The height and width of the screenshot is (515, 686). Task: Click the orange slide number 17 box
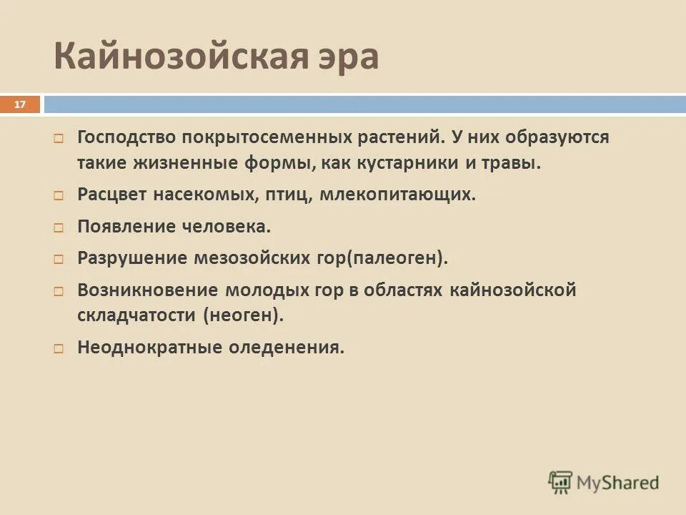click(19, 104)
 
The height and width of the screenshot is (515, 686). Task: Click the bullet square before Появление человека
click(60, 227)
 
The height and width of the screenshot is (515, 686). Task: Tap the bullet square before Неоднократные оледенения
click(60, 348)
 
